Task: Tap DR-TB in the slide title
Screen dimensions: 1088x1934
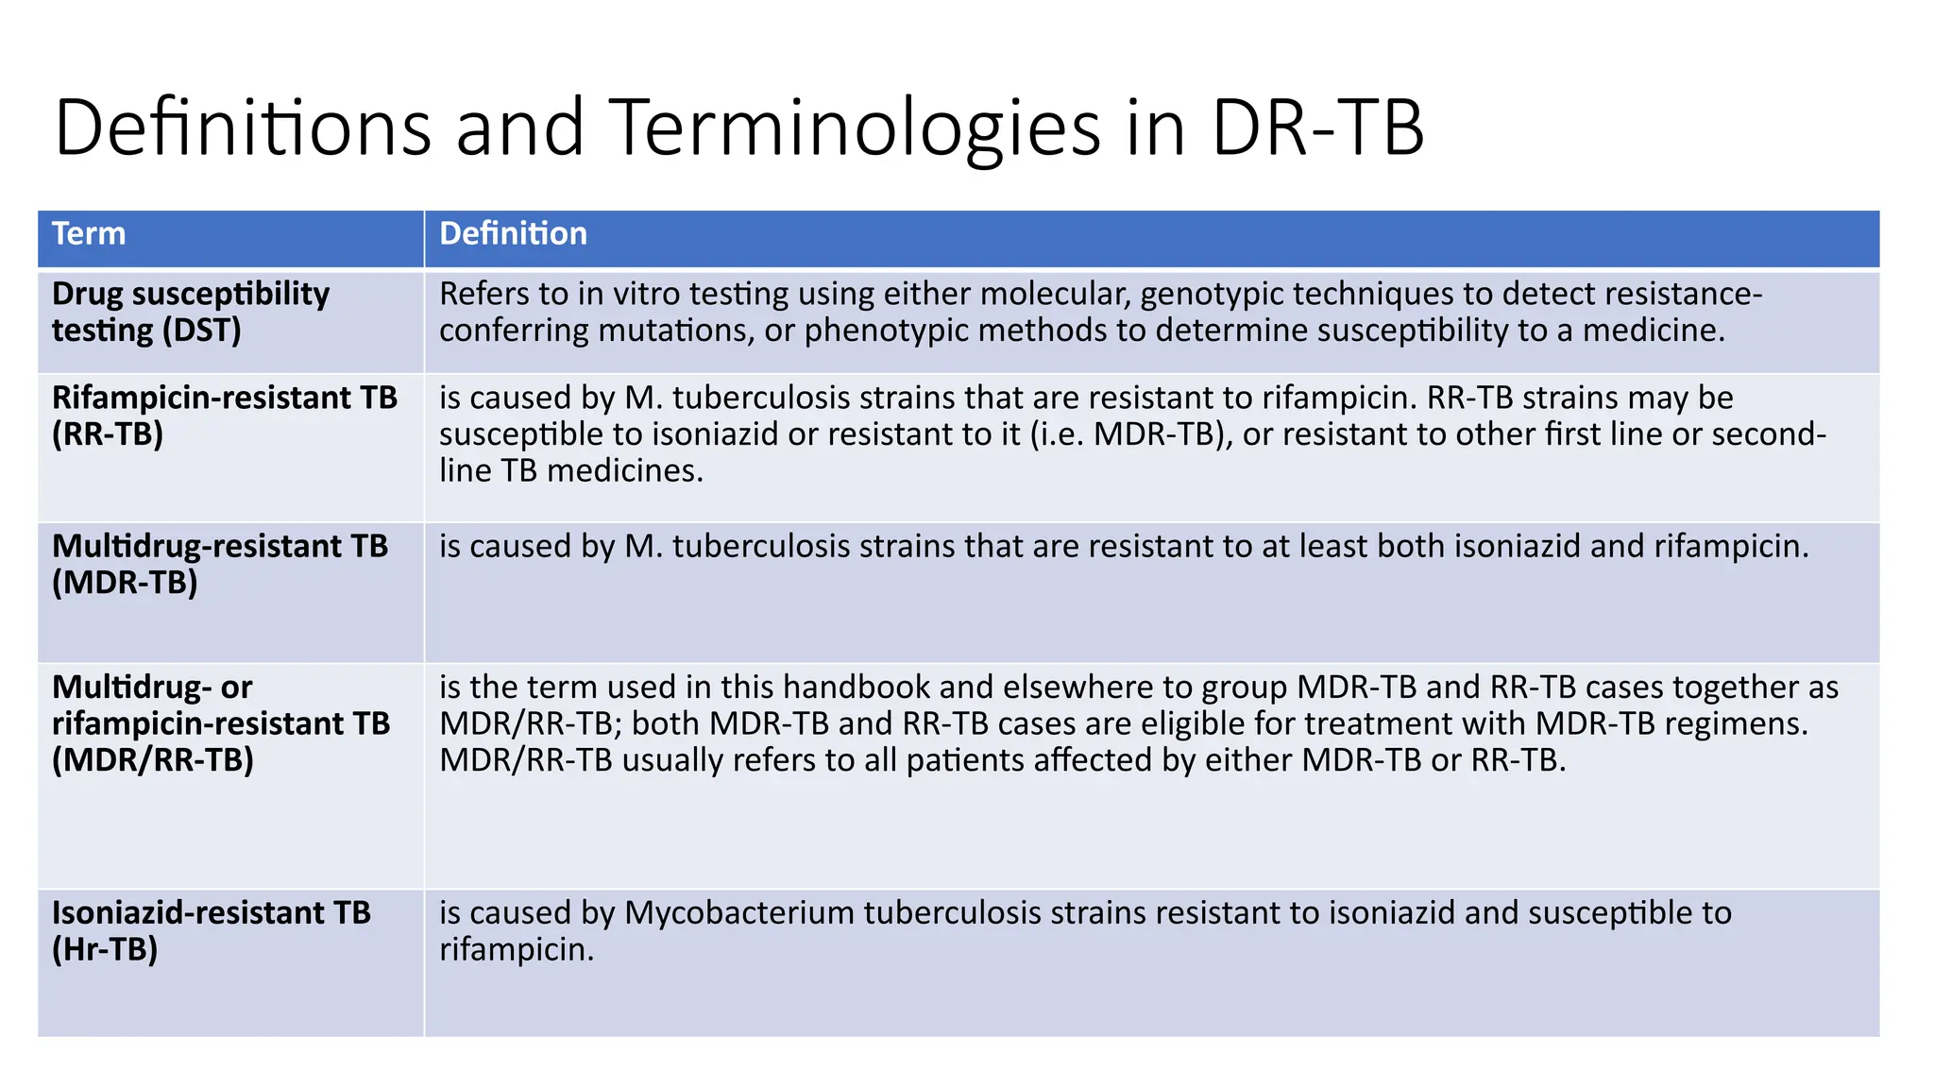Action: (x=1317, y=127)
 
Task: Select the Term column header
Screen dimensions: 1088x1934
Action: (x=89, y=233)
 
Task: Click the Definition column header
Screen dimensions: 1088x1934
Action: (x=513, y=233)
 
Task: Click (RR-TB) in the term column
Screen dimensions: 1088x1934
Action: (x=108, y=434)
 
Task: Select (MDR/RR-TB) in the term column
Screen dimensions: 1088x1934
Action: (x=153, y=760)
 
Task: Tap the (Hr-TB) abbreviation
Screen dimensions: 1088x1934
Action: (x=105, y=949)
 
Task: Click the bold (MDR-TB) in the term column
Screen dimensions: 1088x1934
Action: (x=125, y=583)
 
